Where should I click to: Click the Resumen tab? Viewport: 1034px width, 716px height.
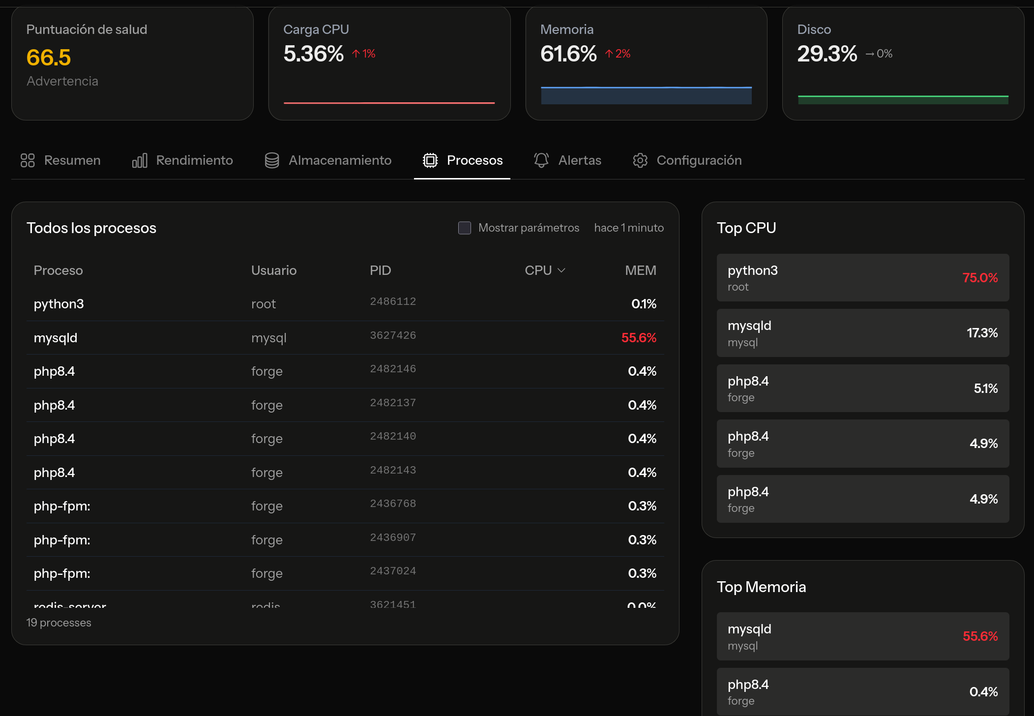pos(61,160)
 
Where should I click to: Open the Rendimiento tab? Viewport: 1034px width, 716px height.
pos(183,160)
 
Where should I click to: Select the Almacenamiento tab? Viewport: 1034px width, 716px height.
pos(328,160)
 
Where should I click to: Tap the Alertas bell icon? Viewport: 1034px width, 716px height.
pos(541,160)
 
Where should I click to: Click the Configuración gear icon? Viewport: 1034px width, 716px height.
pos(640,160)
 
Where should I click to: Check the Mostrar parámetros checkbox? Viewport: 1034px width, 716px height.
pos(465,228)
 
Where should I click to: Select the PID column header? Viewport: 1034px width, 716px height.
pos(380,270)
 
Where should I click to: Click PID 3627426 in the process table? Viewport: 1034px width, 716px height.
pos(393,335)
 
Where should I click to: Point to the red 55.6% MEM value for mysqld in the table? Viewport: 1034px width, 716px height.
pos(639,338)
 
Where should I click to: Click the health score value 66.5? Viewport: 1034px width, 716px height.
pos(49,58)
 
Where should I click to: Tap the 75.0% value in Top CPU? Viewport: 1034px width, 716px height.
pos(980,278)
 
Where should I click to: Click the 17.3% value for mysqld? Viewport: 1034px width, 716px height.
pos(982,333)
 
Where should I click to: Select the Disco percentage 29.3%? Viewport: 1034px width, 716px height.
pos(827,54)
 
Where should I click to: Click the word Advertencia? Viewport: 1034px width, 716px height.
pos(62,81)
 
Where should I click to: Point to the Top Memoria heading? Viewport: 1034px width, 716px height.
pos(761,587)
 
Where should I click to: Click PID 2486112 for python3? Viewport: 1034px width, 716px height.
pos(393,301)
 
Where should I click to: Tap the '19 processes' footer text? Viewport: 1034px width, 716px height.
pos(59,623)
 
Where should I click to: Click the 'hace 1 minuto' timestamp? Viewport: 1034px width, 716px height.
pos(629,228)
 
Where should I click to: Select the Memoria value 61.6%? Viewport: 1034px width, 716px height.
pos(568,54)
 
